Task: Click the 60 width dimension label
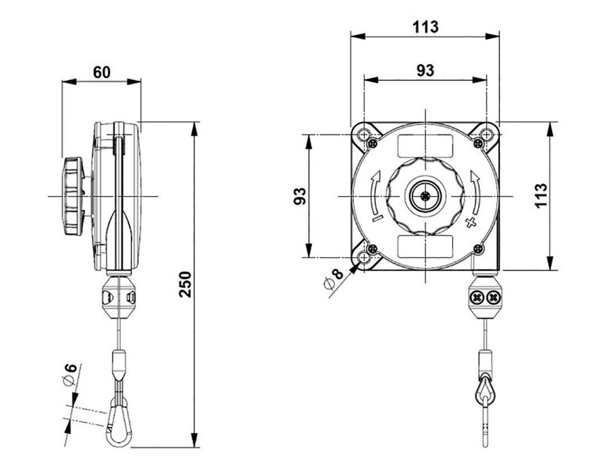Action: tap(102, 73)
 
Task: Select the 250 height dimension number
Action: tap(185, 284)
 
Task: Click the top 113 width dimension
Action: tap(425, 27)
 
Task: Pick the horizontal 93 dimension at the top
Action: tap(425, 70)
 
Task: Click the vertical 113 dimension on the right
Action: tap(540, 196)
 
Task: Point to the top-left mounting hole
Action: tap(364, 135)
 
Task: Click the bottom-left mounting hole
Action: tap(364, 257)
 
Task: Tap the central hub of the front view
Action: tap(425, 196)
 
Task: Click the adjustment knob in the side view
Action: tap(74, 196)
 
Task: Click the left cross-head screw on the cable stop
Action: tap(478, 298)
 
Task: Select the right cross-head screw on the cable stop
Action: tap(493, 298)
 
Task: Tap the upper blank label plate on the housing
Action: tap(425, 145)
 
